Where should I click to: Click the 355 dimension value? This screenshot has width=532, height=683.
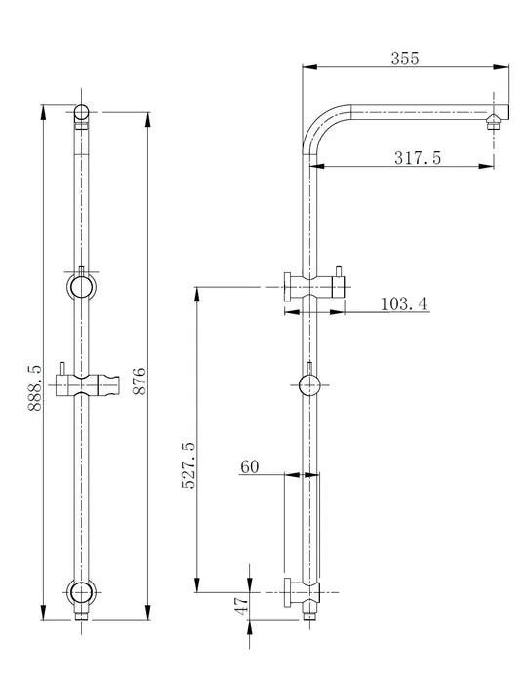tap(404, 58)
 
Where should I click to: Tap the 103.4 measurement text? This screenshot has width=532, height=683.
tap(402, 304)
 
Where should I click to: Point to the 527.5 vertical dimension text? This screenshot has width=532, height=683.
tap(188, 463)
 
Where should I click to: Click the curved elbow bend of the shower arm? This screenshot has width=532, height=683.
tap(320, 125)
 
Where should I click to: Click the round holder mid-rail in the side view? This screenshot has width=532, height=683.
tap(309, 384)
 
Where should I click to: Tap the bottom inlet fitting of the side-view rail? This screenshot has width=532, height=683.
tap(310, 612)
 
